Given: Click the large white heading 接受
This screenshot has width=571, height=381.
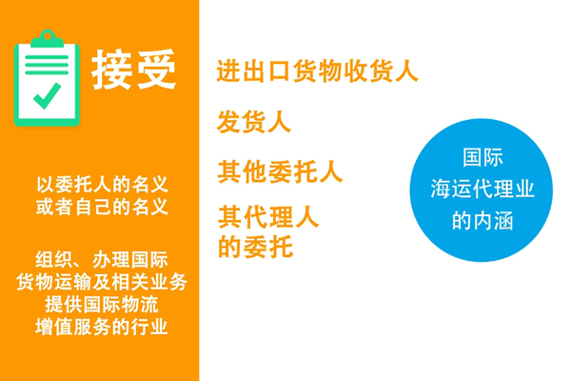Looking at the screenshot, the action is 133,70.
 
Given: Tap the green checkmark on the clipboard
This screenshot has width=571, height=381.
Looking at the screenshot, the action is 47,96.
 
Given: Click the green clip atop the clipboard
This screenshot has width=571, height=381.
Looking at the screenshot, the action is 47,39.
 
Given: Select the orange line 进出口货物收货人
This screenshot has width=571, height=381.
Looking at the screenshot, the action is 317,70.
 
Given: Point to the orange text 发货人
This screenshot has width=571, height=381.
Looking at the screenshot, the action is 254,122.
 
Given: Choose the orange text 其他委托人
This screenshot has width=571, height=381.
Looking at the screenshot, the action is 280,171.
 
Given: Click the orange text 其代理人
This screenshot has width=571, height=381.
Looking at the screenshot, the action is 268,217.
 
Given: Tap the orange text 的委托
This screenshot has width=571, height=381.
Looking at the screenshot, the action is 255,247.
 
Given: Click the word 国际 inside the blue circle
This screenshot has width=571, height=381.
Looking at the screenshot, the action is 482,157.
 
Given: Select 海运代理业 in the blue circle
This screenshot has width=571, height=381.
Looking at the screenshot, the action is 482,189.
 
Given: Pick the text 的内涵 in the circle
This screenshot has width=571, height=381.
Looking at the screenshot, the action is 482,220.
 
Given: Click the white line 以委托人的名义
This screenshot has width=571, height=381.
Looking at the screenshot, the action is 102,185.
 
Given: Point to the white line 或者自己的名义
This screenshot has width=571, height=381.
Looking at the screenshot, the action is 102,207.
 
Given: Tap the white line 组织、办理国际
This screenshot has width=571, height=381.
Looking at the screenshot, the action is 102,260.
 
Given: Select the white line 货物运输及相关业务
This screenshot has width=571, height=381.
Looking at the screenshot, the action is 102,282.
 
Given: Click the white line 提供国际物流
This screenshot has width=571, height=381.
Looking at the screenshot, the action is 102,304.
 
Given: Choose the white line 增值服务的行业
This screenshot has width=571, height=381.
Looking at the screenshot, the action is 102,327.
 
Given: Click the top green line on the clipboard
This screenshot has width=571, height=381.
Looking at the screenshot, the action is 47,57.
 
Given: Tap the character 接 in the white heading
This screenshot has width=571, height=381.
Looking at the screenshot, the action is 111,70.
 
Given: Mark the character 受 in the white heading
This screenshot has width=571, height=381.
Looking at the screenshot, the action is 156,70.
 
